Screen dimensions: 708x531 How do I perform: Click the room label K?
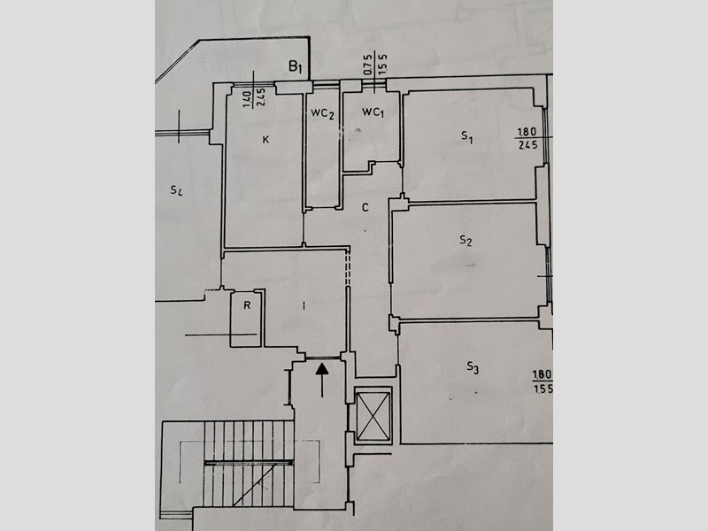coord(265,140)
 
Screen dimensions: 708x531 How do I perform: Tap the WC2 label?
coord(322,113)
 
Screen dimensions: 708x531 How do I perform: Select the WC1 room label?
coord(373,112)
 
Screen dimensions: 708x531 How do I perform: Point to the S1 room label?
coord(467,136)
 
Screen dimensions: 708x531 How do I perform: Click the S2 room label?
coord(466,240)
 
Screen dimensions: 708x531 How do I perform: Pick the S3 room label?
coord(473,367)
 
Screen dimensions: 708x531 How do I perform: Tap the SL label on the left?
coord(176,190)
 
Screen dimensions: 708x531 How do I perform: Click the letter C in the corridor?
coord(366,207)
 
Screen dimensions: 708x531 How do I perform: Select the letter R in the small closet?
coord(247,305)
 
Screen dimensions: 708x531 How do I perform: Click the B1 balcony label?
coord(296,67)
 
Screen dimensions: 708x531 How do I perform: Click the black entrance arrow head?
coord(322,369)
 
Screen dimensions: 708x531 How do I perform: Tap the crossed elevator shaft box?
coord(373,416)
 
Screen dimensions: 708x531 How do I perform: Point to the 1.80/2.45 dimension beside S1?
coord(527,138)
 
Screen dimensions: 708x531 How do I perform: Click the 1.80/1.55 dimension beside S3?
coord(543,382)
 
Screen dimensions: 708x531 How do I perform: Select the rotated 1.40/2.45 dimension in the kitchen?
coord(254,98)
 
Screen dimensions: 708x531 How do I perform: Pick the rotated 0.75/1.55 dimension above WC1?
coord(375,65)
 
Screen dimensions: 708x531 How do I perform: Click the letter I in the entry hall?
coord(304,306)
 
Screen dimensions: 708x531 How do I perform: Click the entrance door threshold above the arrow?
coord(323,358)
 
